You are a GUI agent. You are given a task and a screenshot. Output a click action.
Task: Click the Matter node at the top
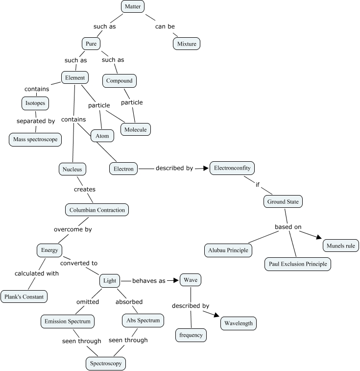pos(133,6)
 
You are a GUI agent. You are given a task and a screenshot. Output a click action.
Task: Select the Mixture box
pos(187,44)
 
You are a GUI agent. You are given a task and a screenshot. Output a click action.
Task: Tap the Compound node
pos(120,81)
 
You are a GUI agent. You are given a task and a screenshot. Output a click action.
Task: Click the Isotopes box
pos(35,103)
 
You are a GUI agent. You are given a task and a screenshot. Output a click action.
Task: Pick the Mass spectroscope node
pos(35,140)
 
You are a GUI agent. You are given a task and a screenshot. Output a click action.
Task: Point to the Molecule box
pos(136,129)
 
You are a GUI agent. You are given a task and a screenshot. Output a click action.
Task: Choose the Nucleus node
pos(72,169)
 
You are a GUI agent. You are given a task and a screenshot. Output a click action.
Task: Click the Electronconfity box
pos(232,168)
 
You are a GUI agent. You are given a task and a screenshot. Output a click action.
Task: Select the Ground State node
pos(283,201)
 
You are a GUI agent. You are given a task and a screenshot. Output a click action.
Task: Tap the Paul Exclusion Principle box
pos(298,264)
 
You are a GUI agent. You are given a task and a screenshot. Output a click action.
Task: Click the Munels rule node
pos(341,246)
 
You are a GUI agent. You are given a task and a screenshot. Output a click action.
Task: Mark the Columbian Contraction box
pos(97,210)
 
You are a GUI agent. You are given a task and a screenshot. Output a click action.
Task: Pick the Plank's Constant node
pos(24,297)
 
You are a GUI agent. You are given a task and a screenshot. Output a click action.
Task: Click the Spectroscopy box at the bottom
pos(106,364)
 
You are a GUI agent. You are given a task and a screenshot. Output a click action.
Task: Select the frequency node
pos(191,335)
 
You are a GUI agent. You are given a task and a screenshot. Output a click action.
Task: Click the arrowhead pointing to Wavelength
pos(216,315)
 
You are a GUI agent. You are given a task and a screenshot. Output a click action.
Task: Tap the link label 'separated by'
pos(36,121)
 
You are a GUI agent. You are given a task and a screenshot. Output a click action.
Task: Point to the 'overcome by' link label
pos(73,229)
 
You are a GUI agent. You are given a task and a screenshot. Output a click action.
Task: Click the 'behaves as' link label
pos(149,281)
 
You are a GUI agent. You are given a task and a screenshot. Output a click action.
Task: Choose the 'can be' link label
pos(165,26)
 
